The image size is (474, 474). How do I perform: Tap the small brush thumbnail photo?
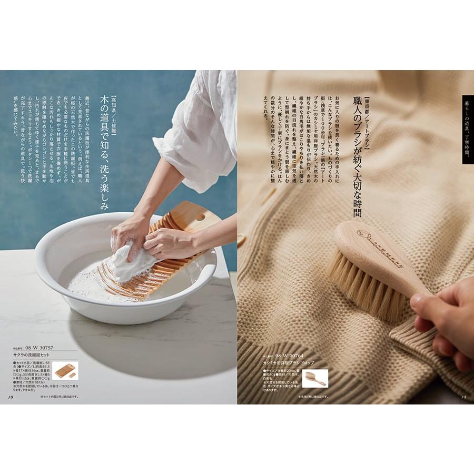(x=314, y=378)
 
